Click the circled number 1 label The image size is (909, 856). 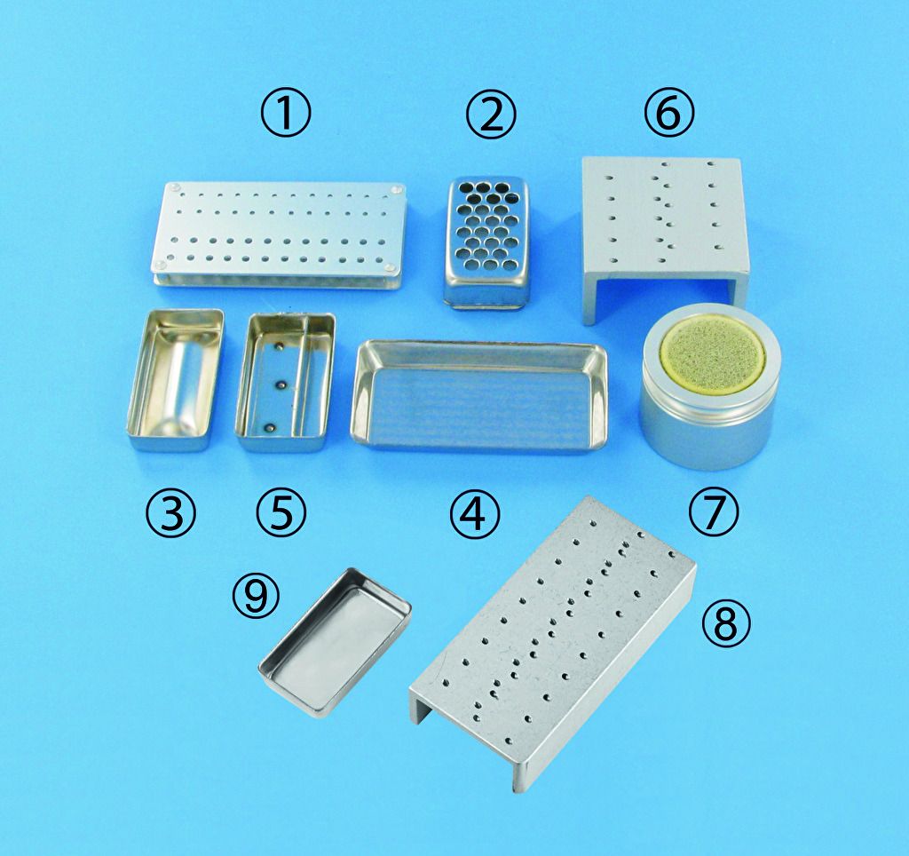pyautogui.click(x=285, y=114)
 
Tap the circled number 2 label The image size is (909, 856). pyautogui.click(x=490, y=114)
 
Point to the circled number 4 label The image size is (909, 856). pyautogui.click(x=474, y=514)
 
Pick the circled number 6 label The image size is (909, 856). pyautogui.click(x=668, y=114)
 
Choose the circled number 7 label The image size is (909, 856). pyautogui.click(x=714, y=511)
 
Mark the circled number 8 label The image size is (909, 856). pyautogui.click(x=726, y=622)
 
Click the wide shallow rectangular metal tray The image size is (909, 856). pyautogui.click(x=478, y=394)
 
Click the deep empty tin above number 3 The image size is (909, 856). pyautogui.click(x=175, y=379)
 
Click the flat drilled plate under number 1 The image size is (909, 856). pyautogui.click(x=280, y=235)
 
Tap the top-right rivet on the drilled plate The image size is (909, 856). pyautogui.click(x=397, y=189)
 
